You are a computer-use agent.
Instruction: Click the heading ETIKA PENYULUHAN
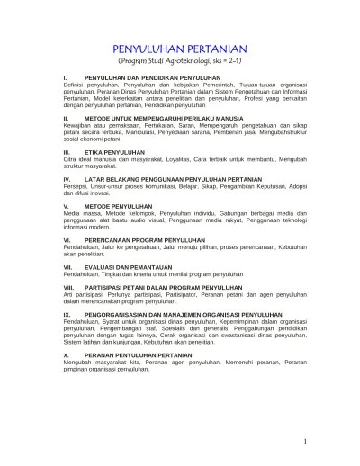(113, 153)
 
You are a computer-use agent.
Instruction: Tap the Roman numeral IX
(67, 315)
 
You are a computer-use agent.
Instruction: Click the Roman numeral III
(67, 153)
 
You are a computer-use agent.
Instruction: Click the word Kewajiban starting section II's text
(77, 125)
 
